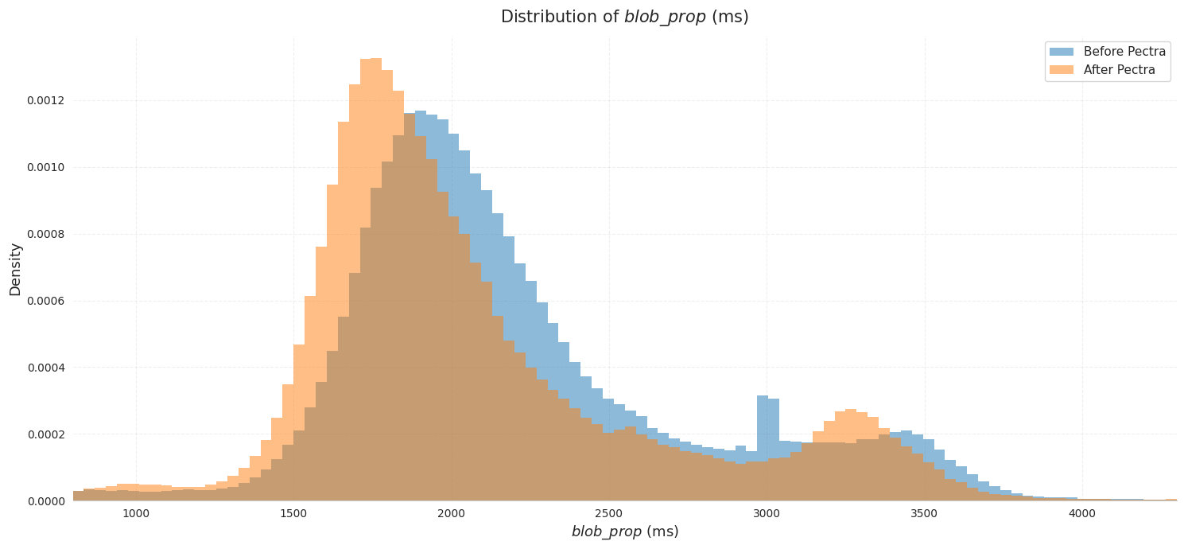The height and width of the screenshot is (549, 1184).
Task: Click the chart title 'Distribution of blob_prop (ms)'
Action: pos(624,17)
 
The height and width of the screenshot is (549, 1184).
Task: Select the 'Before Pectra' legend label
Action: pos(1124,52)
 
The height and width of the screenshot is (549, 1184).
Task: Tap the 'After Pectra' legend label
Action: pos(1119,70)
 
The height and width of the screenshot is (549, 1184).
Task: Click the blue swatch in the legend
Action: pos(1062,52)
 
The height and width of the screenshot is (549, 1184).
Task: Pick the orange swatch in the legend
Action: pos(1062,70)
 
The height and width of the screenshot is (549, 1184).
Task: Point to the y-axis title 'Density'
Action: pos(15,269)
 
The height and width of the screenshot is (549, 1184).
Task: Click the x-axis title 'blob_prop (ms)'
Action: pos(624,531)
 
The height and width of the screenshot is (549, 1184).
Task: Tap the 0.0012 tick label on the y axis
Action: pos(48,100)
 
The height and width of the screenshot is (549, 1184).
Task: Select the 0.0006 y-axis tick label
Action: pos(48,301)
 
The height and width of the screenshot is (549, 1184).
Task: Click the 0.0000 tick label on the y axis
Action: pos(48,501)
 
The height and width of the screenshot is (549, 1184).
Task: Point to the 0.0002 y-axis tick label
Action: pos(48,434)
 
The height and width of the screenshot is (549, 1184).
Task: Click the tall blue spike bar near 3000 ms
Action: pos(763,430)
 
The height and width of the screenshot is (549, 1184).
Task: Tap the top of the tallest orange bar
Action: pos(371,60)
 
